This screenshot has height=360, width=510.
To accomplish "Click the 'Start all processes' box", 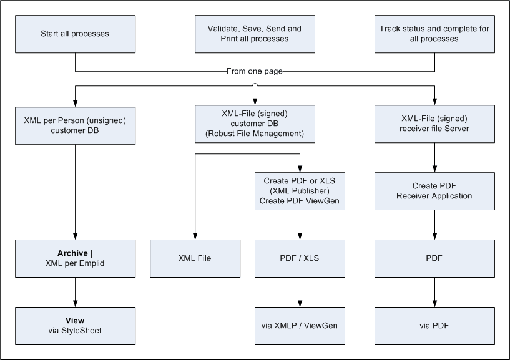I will [75, 34].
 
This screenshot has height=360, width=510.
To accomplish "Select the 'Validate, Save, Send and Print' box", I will [255, 34].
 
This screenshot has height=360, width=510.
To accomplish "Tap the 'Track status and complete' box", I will [434, 34].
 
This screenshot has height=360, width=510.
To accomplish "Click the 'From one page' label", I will [255, 71].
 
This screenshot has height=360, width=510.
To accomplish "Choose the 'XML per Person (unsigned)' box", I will [75, 125].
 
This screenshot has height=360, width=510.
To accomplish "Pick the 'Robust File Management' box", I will [255, 124].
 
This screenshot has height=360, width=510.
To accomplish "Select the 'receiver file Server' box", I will [434, 125].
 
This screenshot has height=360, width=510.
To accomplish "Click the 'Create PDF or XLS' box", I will [300, 191].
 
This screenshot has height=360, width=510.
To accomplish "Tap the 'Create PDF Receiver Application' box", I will [434, 191].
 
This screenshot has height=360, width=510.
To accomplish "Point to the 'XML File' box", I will [195, 258].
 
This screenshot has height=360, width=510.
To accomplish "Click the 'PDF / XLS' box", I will [300, 258].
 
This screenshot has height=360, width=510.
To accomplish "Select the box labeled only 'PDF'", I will [434, 258].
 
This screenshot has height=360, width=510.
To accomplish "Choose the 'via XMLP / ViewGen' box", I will [300, 325].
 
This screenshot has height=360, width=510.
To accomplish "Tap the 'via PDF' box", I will [434, 325].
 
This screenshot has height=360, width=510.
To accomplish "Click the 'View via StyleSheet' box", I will [75, 325].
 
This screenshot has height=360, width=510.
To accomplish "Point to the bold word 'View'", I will [75, 321].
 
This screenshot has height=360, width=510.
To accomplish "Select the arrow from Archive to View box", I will [75, 291].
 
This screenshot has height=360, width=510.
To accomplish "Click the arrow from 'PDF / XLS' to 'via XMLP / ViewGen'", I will [300, 291].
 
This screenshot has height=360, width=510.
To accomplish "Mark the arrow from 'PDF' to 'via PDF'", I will [434, 291].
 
